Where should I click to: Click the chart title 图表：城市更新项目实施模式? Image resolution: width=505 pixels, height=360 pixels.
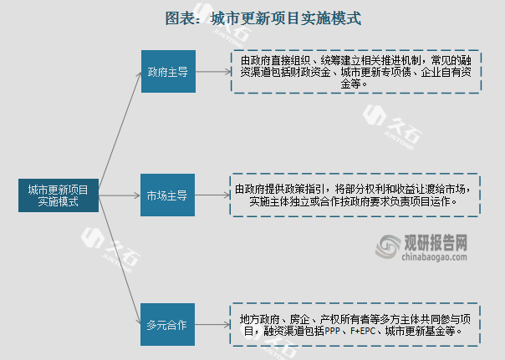tap(263, 18)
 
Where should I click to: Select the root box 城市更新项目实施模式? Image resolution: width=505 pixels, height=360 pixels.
tap(59, 195)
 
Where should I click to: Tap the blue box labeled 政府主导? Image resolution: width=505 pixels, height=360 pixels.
tap(168, 72)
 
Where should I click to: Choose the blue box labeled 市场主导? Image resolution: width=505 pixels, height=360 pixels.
tap(167, 195)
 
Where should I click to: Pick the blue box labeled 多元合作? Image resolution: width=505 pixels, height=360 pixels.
tap(167, 324)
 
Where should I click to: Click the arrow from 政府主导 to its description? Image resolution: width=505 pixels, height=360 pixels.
tap(213, 72)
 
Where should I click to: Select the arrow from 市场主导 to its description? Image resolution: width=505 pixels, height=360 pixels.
tap(212, 195)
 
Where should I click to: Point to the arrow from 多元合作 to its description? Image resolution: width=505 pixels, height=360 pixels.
tap(212, 324)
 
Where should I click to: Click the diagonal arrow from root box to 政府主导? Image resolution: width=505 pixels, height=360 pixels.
tap(120, 130)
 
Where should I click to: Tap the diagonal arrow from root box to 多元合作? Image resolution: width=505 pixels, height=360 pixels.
tap(120, 260)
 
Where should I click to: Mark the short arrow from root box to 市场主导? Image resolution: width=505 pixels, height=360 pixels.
tap(120, 195)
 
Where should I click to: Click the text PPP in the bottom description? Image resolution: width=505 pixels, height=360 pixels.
tap(333, 331)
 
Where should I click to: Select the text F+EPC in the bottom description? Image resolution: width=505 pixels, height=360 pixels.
tap(364, 331)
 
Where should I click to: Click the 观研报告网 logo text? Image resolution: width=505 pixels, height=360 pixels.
tap(436, 242)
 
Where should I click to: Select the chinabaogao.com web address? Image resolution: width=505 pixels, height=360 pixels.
tap(435, 256)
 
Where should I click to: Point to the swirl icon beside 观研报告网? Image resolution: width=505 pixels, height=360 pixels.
tap(388, 246)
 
